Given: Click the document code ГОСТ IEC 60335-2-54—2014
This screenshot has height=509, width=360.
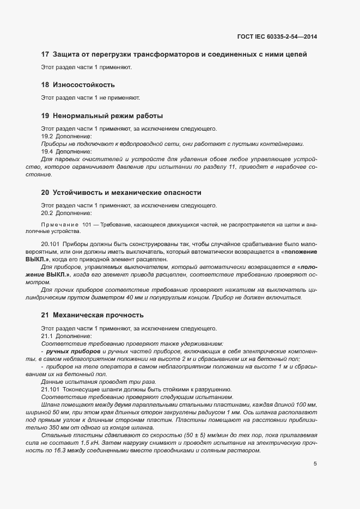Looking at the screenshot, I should [277, 36].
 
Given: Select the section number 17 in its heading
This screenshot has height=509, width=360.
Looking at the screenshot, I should [45, 54].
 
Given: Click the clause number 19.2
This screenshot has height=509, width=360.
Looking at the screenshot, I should [47, 136].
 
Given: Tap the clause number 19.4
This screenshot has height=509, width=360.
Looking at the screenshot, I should [47, 151].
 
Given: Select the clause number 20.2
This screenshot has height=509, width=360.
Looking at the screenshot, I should [47, 213].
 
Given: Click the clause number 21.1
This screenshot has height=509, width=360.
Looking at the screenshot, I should [47, 336].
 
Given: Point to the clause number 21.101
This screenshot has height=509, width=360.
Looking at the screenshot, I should [50, 389].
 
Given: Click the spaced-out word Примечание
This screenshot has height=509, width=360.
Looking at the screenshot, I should [59, 225].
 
